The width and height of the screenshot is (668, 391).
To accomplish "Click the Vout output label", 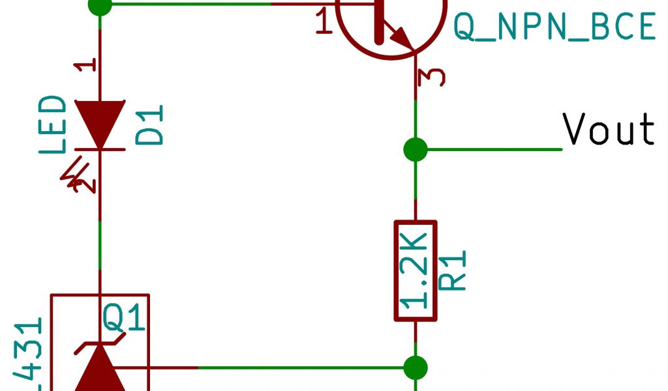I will (x=609, y=129).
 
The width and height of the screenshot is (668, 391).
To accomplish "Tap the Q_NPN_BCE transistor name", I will (x=554, y=27).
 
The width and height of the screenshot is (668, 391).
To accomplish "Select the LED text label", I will (x=53, y=125).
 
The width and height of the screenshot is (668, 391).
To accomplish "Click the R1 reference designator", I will (x=454, y=270).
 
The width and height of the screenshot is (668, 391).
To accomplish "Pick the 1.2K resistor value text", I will (x=416, y=270).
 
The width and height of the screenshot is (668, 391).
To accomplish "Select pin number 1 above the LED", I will (x=89, y=65).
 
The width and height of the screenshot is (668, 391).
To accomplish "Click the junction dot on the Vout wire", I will (x=416, y=149).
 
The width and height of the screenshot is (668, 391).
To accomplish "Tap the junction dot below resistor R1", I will (x=416, y=368).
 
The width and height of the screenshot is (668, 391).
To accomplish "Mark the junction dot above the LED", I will (x=100, y=5).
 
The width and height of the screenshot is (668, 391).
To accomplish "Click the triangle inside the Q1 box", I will (x=100, y=369).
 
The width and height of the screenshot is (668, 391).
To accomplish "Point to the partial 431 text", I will (x=29, y=355).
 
